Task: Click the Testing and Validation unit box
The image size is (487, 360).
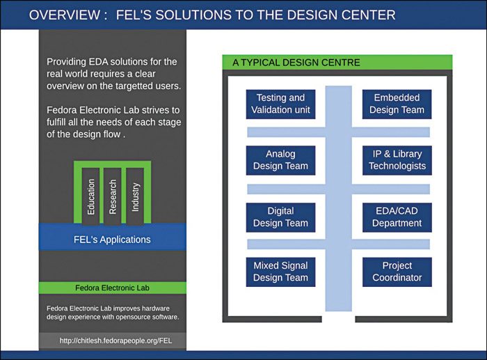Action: [280, 104]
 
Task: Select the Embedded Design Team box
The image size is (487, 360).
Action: [397, 104]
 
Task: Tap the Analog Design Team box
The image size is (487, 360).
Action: [280, 160]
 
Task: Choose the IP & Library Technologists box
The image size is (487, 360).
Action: [397, 160]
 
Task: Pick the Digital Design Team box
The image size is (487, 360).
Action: [280, 217]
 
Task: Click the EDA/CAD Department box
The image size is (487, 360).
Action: [397, 217]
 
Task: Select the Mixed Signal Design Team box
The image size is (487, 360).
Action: [280, 272]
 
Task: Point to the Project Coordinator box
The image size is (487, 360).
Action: [397, 272]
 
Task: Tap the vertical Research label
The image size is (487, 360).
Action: [113, 196]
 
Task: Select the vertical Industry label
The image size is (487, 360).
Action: [135, 196]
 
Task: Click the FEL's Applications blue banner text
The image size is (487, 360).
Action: [112, 240]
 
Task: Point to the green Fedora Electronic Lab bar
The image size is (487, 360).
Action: [112, 288]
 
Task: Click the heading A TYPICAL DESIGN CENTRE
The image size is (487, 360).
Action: [296, 63]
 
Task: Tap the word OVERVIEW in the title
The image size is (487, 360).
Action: [64, 15]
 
